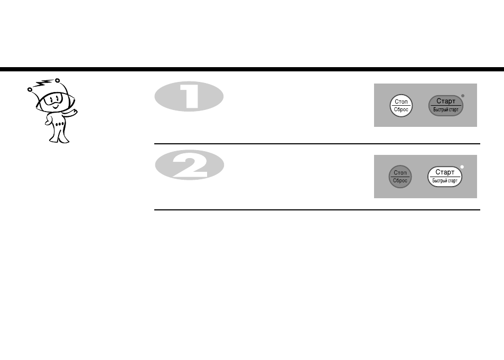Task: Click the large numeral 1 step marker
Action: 189,97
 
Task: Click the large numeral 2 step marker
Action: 189,165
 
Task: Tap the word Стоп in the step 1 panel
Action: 401,101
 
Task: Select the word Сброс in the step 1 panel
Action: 401,109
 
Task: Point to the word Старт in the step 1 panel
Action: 446,101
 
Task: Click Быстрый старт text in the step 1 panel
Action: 446,110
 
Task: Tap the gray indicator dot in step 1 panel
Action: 463,96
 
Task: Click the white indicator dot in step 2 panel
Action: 462,167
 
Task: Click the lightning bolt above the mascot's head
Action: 43,84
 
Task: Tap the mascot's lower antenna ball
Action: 30,89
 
